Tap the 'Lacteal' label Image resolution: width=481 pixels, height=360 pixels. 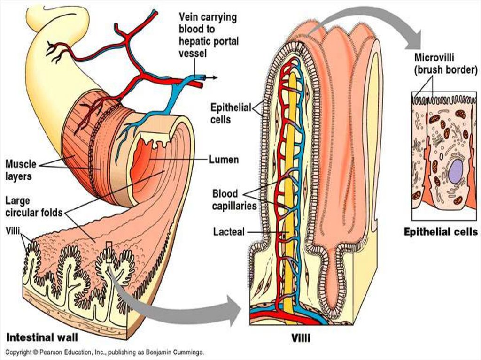pyautogui.click(x=228, y=231)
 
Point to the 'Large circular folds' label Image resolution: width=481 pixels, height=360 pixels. pyautogui.click(x=33, y=207)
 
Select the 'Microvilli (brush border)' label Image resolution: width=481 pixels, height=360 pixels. pyautogui.click(x=445, y=64)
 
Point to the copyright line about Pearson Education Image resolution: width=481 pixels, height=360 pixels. pyautogui.click(x=104, y=352)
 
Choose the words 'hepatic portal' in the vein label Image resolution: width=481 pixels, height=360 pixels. pyautogui.click(x=208, y=41)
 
